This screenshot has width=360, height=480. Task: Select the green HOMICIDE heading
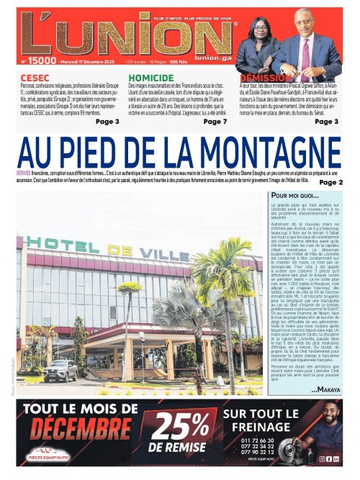click(151, 76)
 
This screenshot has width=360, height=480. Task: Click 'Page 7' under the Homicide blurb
click(215, 122)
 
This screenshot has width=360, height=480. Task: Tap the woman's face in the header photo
click(258, 30)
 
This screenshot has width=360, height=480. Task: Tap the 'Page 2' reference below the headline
click(330, 183)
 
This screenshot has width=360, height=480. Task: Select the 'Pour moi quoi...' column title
click(294, 195)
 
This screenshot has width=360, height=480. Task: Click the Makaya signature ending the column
click(327, 389)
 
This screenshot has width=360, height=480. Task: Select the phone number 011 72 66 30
click(258, 440)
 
